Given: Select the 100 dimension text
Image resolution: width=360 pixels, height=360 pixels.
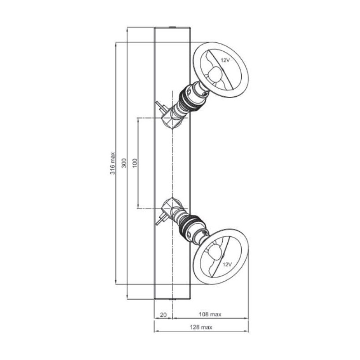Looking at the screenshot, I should pos(135,163).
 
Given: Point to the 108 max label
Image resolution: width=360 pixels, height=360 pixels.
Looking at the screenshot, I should pos(209,314).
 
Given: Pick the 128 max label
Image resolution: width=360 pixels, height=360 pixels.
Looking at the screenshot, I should pos(201,327).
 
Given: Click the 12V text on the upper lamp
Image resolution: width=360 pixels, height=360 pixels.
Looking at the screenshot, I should pos(225,59).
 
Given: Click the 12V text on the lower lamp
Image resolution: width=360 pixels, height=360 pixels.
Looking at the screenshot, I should pos(227,264).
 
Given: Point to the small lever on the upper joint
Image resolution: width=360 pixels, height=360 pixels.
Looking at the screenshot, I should pos(160,106).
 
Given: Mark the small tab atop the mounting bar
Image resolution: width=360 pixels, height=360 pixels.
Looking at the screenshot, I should pos(173,28).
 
